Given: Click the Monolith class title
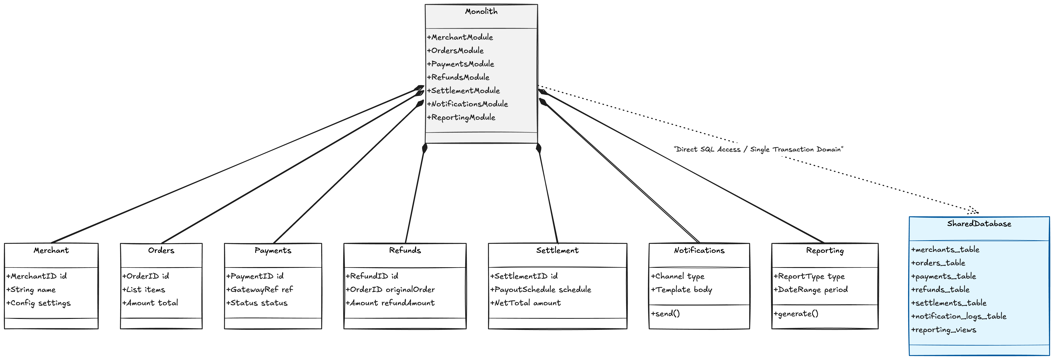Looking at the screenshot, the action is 481,11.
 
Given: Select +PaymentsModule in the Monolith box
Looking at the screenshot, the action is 460,64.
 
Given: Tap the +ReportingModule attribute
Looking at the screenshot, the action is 461,117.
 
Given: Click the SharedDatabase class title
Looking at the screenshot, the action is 979,224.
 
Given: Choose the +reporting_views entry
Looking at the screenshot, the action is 944,330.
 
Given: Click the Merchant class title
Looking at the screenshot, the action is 51,250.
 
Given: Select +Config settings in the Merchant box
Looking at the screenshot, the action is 38,303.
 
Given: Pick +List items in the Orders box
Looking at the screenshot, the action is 144,290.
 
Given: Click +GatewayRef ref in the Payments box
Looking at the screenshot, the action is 259,290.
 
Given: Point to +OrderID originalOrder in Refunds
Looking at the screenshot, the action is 390,290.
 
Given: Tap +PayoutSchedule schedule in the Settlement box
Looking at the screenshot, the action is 541,290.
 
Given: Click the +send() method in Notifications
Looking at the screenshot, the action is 665,314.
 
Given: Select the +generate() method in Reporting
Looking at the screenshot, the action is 796,314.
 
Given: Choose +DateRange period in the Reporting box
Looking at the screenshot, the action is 810,290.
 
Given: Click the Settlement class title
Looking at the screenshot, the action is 557,250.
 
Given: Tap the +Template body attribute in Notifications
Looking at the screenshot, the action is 681,290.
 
